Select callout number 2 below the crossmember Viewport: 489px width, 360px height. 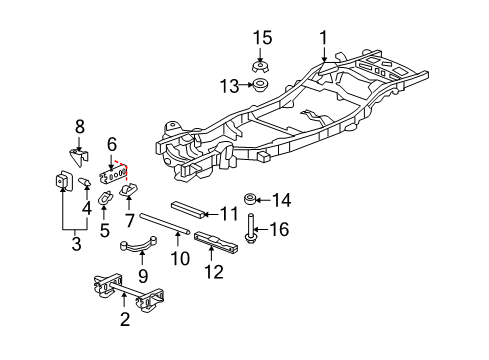124,320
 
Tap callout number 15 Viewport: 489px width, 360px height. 262,38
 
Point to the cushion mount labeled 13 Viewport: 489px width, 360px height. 262,86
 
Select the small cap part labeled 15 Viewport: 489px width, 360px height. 262,63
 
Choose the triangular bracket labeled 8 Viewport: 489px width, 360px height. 83,157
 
